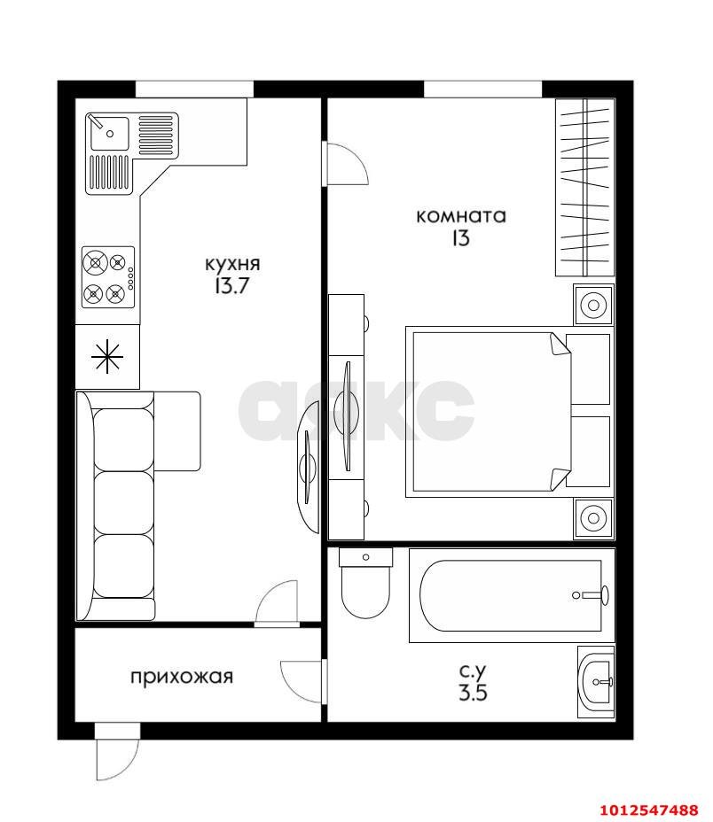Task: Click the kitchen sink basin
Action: (109, 133)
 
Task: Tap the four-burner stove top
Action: (109, 278)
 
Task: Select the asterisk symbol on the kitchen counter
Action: (107, 357)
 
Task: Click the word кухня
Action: (232, 264)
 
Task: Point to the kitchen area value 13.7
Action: (231, 286)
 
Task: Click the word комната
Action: (460, 216)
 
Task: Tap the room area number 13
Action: (459, 238)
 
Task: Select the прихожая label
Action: (182, 677)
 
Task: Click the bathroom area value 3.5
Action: (473, 693)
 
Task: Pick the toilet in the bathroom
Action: (365, 583)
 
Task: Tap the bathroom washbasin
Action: (596, 682)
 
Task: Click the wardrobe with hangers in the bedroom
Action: (585, 187)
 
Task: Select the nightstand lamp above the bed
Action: (594, 305)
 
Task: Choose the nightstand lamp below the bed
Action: (594, 518)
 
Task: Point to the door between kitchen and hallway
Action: (278, 604)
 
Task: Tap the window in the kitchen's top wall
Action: (194, 89)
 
